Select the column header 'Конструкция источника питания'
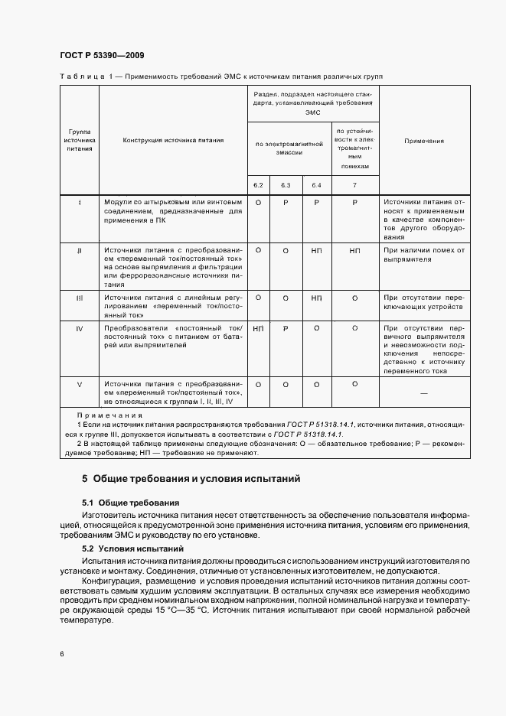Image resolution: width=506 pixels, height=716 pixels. coord(173,141)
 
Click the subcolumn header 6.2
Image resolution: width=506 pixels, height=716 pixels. coord(258,185)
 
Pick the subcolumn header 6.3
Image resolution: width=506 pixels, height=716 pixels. coord(286,185)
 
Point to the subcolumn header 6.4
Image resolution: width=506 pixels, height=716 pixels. coord(316,185)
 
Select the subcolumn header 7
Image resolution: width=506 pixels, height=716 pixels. coord(354,185)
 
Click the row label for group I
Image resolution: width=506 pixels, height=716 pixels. coord(80,202)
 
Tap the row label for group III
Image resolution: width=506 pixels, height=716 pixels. coord(80,298)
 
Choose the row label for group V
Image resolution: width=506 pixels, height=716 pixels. coord(80,384)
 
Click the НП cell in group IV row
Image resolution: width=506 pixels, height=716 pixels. coord(258,327)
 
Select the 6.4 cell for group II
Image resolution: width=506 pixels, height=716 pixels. coord(316,250)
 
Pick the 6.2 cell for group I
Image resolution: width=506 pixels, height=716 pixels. coord(258,202)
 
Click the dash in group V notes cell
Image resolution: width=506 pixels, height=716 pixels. coord(423,392)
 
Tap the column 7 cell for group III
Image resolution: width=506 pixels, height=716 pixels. coord(354,298)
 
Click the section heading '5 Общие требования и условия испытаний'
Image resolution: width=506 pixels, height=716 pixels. coord(191,479)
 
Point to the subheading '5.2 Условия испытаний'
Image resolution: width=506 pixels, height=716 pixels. coord(132,549)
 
